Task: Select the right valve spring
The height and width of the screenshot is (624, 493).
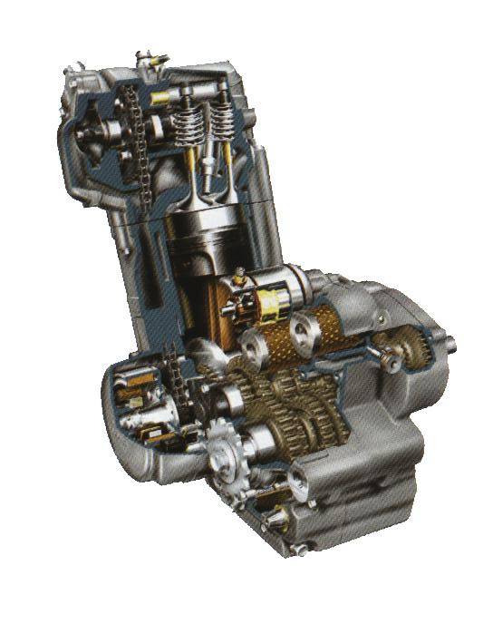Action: [x=217, y=122]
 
